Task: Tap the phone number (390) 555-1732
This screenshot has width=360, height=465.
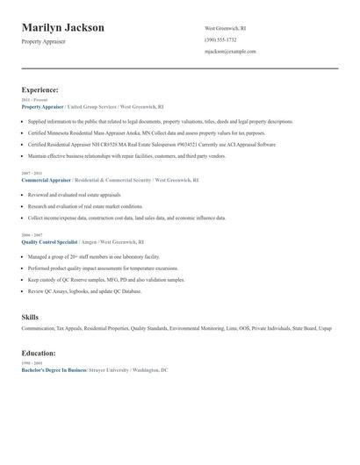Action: [x=220, y=39]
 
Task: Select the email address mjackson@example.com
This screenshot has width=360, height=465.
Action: [x=230, y=52]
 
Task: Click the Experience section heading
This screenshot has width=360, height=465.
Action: [x=40, y=89]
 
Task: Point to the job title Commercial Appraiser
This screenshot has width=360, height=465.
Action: [x=47, y=179]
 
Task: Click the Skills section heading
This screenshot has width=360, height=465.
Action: [x=30, y=316]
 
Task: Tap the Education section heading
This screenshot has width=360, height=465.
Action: [x=39, y=353]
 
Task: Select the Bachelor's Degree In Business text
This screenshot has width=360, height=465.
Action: [x=54, y=370]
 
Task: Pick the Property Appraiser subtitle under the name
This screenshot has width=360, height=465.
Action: [x=43, y=41]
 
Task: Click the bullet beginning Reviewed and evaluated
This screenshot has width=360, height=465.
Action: [x=74, y=195]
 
